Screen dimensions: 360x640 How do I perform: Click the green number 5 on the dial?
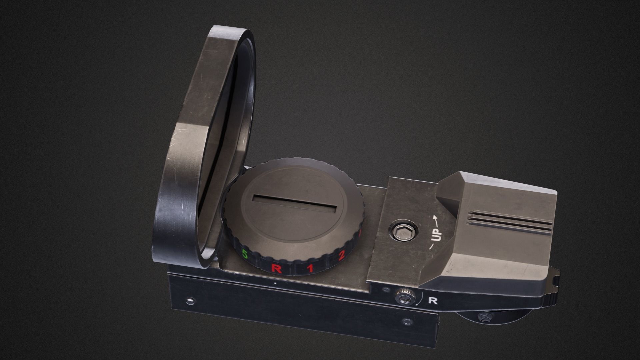point(245,255)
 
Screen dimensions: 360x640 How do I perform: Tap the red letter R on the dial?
point(276,268)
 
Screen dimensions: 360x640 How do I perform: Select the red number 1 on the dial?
point(310,268)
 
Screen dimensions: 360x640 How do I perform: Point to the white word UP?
point(436,234)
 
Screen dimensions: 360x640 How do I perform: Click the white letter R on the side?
point(433,301)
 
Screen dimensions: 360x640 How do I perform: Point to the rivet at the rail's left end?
point(190,301)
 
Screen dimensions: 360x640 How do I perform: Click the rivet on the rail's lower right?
point(407,322)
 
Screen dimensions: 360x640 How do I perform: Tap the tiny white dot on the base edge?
point(275,283)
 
